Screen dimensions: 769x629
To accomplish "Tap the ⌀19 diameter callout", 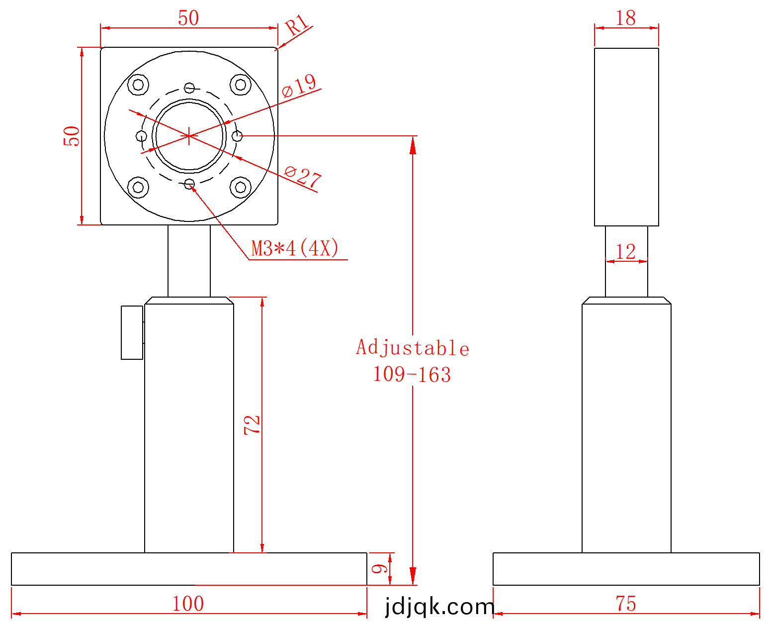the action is click(x=299, y=86).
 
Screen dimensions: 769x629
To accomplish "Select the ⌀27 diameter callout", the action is click(x=303, y=177).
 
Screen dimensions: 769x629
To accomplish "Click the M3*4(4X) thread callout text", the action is click(x=295, y=248).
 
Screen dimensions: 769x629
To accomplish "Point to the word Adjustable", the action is click(x=413, y=348).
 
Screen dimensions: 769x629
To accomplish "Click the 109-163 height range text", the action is click(x=412, y=375).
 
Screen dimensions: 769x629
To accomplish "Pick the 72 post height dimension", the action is click(x=252, y=425).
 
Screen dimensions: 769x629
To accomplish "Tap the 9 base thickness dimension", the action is click(x=380, y=569).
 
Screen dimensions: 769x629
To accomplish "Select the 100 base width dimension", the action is click(x=188, y=604).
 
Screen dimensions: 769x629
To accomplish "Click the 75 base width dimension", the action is click(x=626, y=604).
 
